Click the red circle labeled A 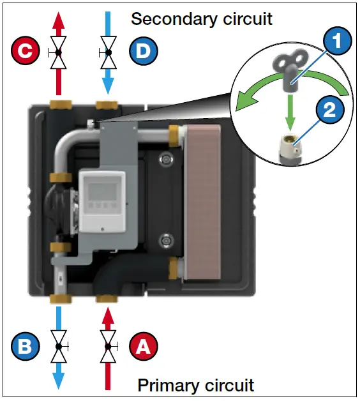142,347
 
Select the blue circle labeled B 23,347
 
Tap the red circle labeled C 24,52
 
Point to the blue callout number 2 329,109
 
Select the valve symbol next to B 59,347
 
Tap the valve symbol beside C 59,52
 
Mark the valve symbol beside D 107,52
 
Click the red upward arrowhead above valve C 59,20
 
